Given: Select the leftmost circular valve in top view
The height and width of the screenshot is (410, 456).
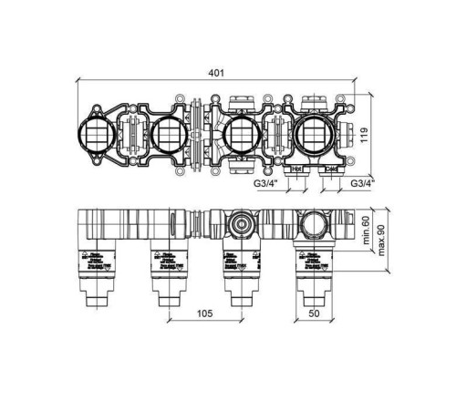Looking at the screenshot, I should point(98,138).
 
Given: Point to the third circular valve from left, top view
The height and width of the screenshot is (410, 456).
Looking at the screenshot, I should point(241,138).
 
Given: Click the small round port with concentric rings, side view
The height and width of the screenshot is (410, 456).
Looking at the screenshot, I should point(240,222).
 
